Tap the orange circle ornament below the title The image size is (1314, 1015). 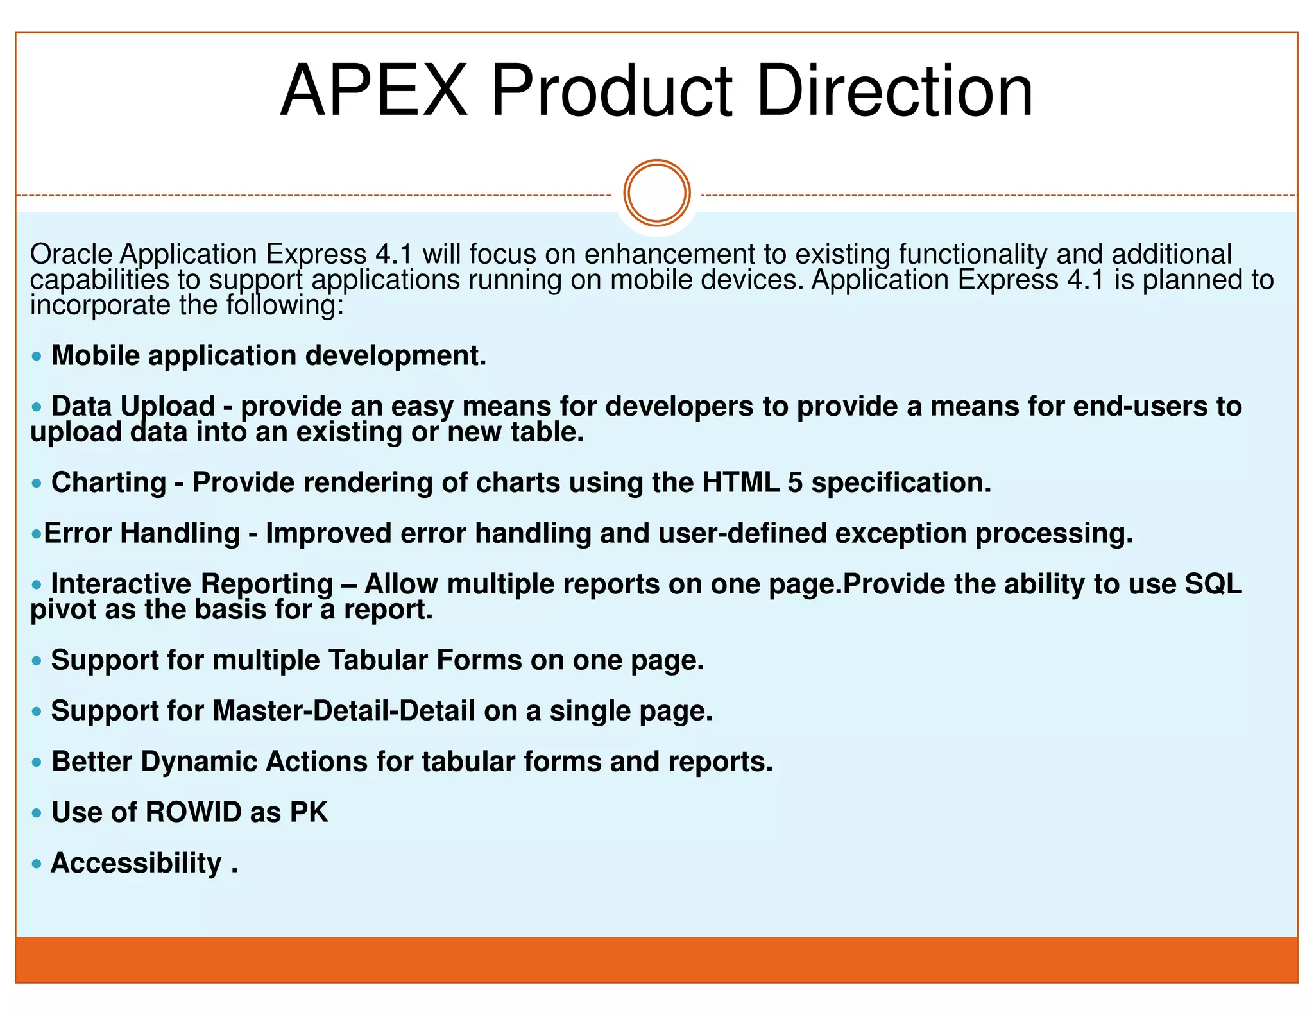pos(656,192)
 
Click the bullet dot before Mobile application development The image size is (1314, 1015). pos(37,356)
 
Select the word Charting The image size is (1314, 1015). pos(108,482)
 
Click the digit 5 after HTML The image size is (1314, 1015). pos(795,482)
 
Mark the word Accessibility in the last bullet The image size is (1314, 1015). pos(136,863)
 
